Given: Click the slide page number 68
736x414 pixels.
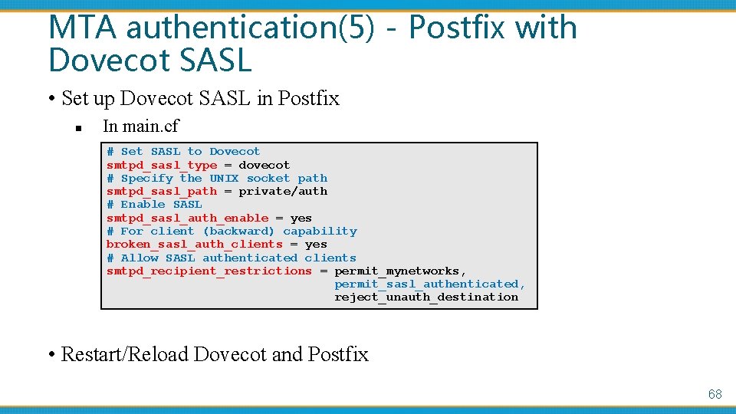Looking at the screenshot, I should pyautogui.click(x=715, y=394).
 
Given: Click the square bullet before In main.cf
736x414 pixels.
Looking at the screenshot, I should pyautogui.click(x=78, y=127).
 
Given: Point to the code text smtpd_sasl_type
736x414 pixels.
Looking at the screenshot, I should pyautogui.click(x=162, y=165).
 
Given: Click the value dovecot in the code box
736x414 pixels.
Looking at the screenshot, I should pyautogui.click(x=264, y=165).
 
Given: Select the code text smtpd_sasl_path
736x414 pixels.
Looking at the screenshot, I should pyautogui.click(x=162, y=191).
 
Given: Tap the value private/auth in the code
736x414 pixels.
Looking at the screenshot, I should pyautogui.click(x=282, y=191).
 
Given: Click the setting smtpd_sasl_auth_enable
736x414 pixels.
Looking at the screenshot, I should pyautogui.click(x=187, y=218).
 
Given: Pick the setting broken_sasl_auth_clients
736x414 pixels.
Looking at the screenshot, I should pyautogui.click(x=194, y=244).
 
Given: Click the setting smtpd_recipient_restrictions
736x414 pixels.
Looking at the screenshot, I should pyautogui.click(x=209, y=271).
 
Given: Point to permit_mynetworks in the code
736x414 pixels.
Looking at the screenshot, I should pyautogui.click(x=399, y=271).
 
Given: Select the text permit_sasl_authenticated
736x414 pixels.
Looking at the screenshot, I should pyautogui.click(x=428, y=284).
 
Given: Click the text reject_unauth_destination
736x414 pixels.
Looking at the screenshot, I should pyautogui.click(x=426, y=297).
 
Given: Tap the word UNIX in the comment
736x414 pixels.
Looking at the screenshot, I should pyautogui.click(x=224, y=178).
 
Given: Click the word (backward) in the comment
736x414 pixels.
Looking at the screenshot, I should pyautogui.click(x=238, y=231).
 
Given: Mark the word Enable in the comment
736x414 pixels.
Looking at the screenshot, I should pyautogui.click(x=143, y=204).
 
